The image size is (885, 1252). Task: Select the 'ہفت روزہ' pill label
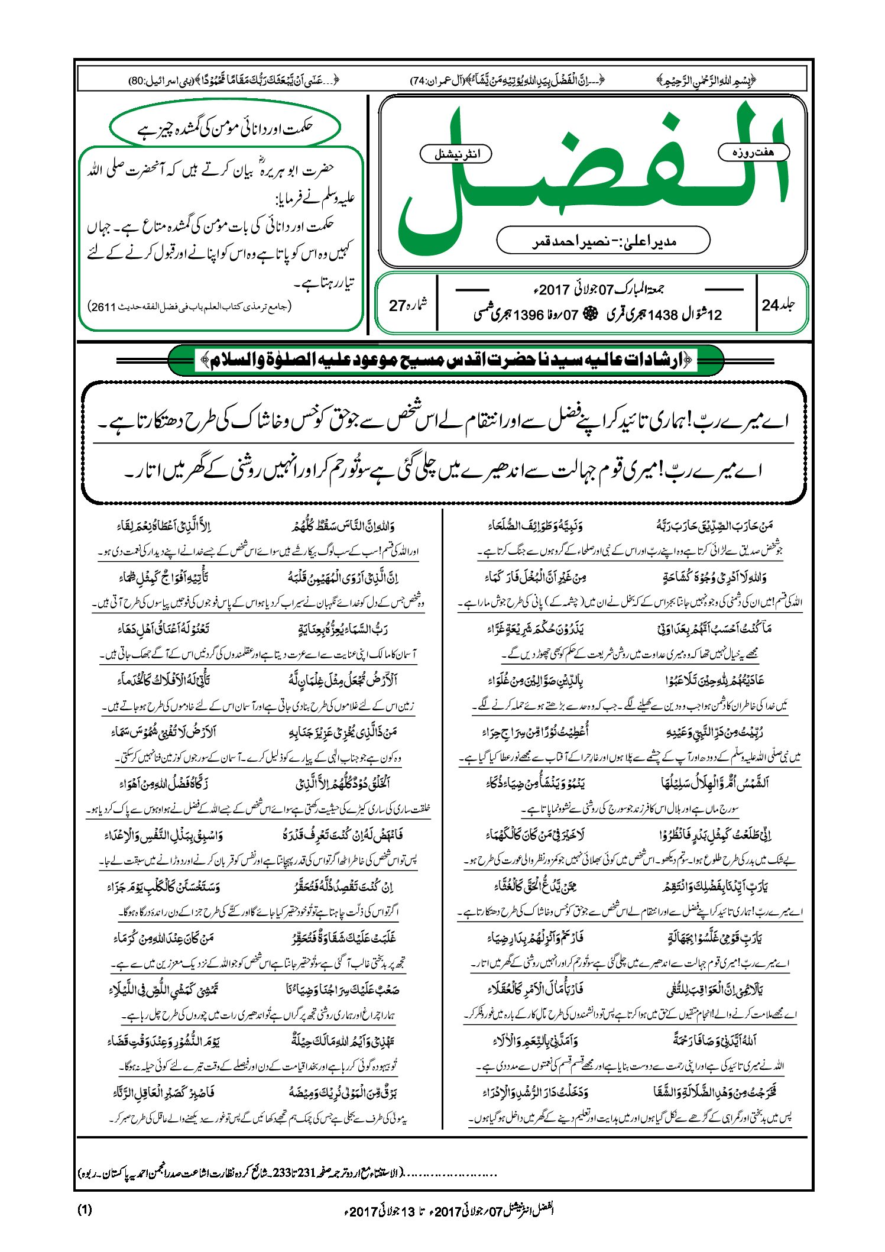coord(753,153)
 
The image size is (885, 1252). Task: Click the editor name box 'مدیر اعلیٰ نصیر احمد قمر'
coord(603,241)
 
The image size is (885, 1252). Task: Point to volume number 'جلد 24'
coord(778,305)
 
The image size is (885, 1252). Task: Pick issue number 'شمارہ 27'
coord(407,305)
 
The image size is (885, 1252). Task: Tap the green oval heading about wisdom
coord(225,127)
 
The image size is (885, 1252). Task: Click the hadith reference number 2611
coord(102,307)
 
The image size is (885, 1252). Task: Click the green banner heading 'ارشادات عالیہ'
coord(446,360)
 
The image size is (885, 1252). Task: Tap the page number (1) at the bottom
coord(85,1209)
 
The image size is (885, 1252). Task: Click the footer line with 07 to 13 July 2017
coord(449,1211)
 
